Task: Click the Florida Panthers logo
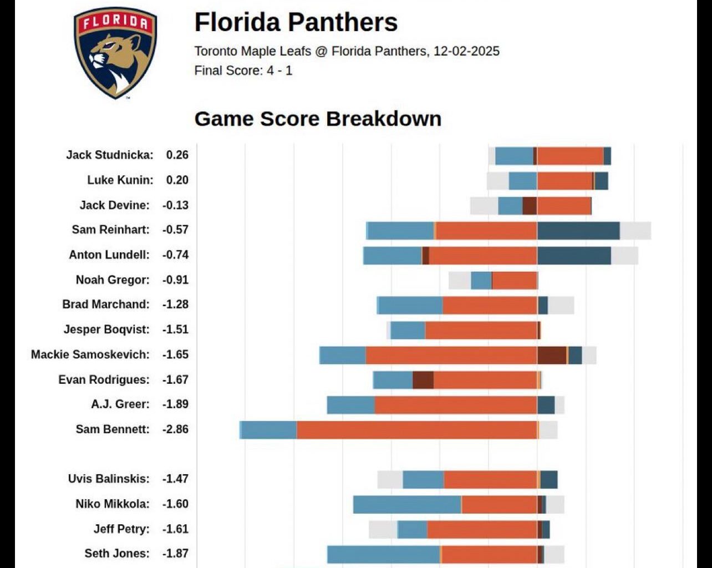pyautogui.click(x=115, y=53)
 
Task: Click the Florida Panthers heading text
pyautogui.click(x=296, y=23)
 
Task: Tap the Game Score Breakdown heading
pyautogui.click(x=318, y=119)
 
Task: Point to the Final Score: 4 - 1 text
pyautogui.click(x=243, y=71)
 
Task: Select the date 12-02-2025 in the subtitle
pyautogui.click(x=466, y=52)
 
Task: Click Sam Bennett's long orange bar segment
pyautogui.click(x=416, y=429)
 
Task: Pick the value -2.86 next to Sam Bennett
pyautogui.click(x=175, y=429)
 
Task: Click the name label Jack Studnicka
pyautogui.click(x=109, y=155)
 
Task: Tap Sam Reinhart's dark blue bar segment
pyautogui.click(x=578, y=230)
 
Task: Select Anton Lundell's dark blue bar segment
pyautogui.click(x=573, y=255)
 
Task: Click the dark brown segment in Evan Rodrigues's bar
pyautogui.click(x=423, y=380)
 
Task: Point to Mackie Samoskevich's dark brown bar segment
pyautogui.click(x=551, y=355)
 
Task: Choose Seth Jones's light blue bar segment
pyautogui.click(x=383, y=554)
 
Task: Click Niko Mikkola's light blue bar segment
pyautogui.click(x=407, y=504)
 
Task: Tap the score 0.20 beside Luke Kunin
pyautogui.click(x=177, y=180)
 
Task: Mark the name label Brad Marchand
pyautogui.click(x=105, y=305)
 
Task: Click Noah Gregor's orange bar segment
pyautogui.click(x=514, y=280)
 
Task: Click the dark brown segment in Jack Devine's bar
pyautogui.click(x=529, y=206)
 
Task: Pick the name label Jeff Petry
pyautogui.click(x=121, y=529)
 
